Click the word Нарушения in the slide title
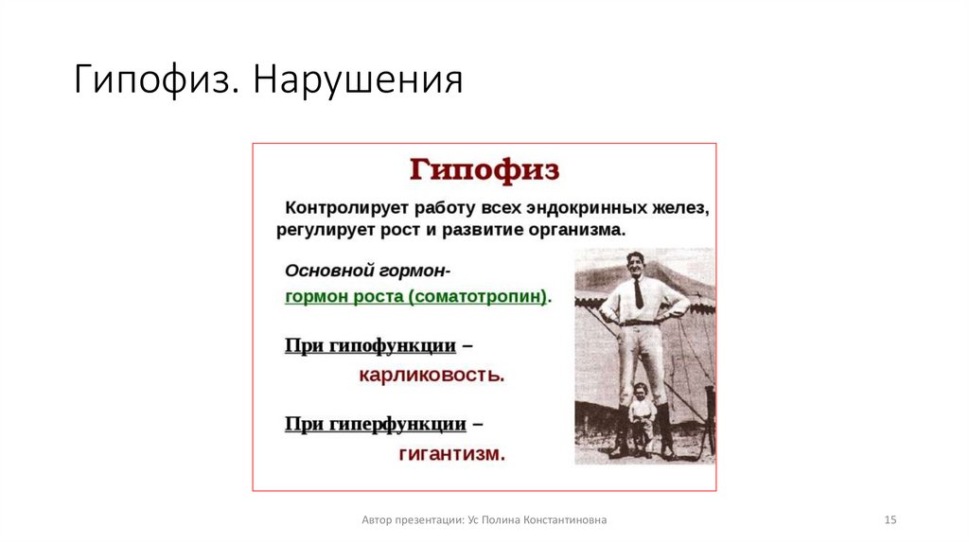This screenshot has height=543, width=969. click(357, 81)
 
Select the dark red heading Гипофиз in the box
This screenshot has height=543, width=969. click(484, 170)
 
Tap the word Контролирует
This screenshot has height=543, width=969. click(339, 207)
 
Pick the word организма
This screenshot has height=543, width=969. click(580, 229)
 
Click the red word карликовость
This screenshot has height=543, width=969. click(431, 376)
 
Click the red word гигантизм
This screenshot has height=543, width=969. click(451, 453)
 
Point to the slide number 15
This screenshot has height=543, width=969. click(890, 519)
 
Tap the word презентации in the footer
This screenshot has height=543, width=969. click(427, 519)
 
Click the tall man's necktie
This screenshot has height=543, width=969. click(639, 293)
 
